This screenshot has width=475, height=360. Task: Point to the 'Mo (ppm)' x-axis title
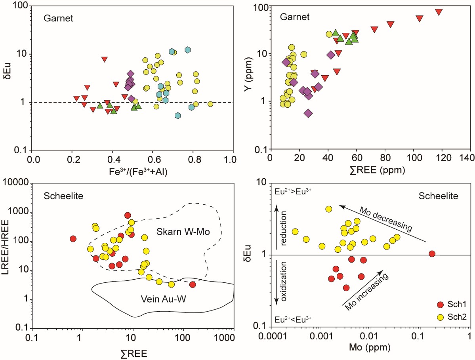coord(370,349)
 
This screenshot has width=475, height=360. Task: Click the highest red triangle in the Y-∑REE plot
coord(439,12)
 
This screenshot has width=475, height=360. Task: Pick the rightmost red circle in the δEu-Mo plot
coord(432,253)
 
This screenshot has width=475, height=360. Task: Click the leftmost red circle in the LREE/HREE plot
coord(72,239)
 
